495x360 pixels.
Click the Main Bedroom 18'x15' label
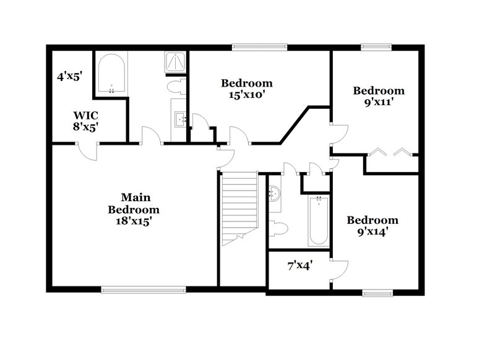(x=136, y=208)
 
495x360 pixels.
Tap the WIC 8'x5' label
(x=86, y=121)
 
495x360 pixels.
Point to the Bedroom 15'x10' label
(x=247, y=89)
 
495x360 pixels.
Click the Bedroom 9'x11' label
(x=379, y=96)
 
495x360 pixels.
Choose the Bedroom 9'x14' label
(x=372, y=226)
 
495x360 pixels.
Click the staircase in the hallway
(x=239, y=207)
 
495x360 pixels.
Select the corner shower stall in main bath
(x=175, y=62)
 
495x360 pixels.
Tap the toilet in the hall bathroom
(x=278, y=228)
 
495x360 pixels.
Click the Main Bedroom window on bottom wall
(x=144, y=289)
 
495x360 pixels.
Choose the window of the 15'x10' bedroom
(x=259, y=46)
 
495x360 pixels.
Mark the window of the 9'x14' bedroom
(x=377, y=293)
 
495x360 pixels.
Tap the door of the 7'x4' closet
(x=340, y=267)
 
